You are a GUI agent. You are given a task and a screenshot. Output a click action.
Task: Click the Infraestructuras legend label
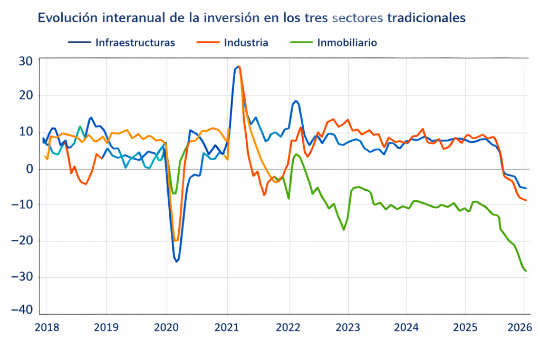coord(135,43)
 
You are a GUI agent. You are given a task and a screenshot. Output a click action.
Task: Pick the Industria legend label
coord(246,43)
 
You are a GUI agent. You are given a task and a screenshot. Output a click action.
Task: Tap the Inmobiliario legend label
coord(347,43)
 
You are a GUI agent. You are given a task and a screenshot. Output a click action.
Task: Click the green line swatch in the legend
coord(301,43)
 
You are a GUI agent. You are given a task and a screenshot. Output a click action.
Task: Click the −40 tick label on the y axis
coord(25,310)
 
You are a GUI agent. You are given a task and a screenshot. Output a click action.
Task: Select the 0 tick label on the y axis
coord(30,169)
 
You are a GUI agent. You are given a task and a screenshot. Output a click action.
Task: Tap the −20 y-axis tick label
coord(25,241)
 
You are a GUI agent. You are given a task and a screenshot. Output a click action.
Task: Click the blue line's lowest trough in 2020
coord(177,261)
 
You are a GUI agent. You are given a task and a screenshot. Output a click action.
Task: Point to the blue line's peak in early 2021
coord(238,66)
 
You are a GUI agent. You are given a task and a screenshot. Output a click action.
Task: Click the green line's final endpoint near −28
coord(526,271)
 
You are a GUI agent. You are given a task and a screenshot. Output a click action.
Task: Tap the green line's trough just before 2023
coord(344,230)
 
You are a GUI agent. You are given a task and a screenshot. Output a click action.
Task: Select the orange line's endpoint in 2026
coord(526,200)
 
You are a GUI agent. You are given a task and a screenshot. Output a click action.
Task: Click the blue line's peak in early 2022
coord(296,101)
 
